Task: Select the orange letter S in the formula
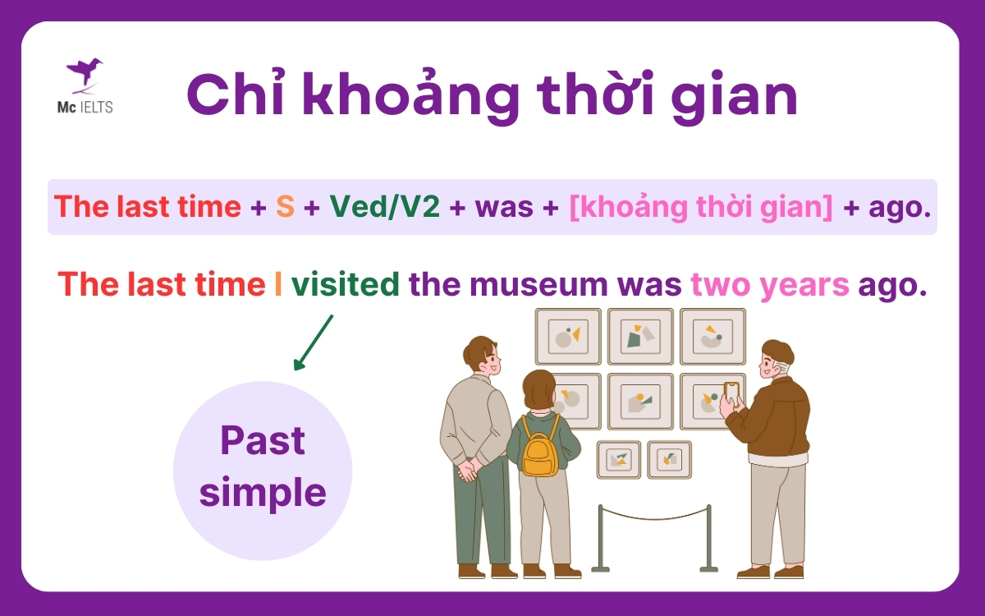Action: [x=285, y=206]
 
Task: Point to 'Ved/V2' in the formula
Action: [x=385, y=206]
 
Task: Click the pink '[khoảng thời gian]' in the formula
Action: [x=700, y=207]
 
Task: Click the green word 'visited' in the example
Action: [x=346, y=284]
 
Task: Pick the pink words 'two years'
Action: [x=770, y=285]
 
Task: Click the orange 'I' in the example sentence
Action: [x=278, y=284]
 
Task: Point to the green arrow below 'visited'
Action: [x=314, y=342]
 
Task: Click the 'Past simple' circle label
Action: [x=263, y=468]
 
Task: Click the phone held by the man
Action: [x=731, y=392]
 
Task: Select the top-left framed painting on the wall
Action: [x=568, y=336]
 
